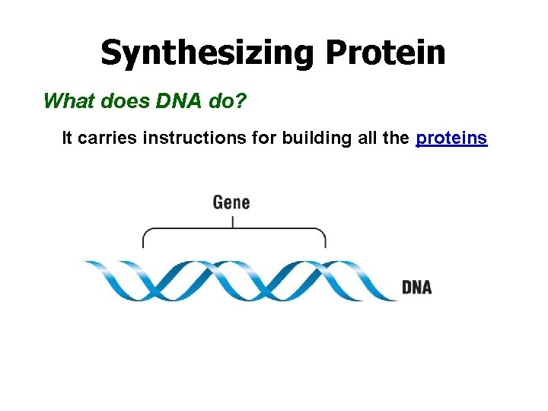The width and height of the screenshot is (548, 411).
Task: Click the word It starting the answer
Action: tap(67, 138)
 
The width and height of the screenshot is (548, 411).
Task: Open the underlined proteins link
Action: tap(451, 138)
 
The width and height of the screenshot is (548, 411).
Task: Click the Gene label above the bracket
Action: tap(231, 202)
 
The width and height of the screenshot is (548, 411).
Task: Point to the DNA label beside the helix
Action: tap(416, 287)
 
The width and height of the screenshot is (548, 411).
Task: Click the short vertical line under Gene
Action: tap(232, 221)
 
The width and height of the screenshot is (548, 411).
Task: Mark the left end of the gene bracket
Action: tap(143, 243)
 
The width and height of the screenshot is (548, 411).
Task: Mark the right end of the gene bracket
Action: tap(326, 243)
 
